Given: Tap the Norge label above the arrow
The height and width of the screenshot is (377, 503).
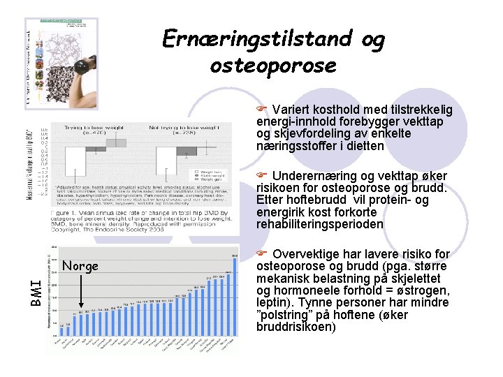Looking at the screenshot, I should (x=80, y=266).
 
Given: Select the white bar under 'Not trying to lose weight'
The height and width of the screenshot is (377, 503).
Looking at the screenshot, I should (x=166, y=160).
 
